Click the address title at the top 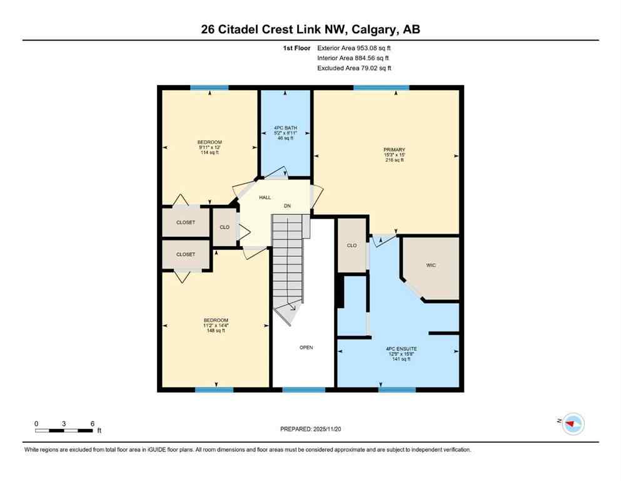[x=310, y=29]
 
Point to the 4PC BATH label [x=285, y=133]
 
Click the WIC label [x=431, y=266]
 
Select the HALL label [x=265, y=197]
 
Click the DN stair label [x=287, y=205]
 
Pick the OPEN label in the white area [x=306, y=348]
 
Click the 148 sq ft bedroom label [x=215, y=325]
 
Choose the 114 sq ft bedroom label [x=210, y=147]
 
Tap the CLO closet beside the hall [x=224, y=226]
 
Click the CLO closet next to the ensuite [x=351, y=246]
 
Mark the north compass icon [x=572, y=424]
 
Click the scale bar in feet [x=64, y=430]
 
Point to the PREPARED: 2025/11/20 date [x=310, y=429]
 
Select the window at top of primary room [x=381, y=88]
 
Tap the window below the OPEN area [x=303, y=390]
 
